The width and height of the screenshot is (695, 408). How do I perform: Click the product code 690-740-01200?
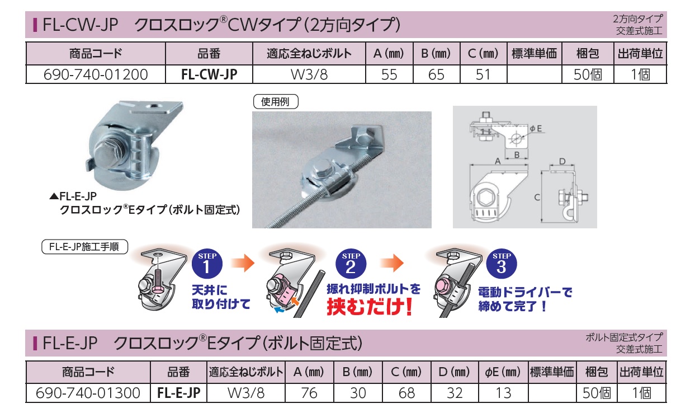[96, 74]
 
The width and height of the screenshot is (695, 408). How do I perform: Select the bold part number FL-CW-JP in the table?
[209, 74]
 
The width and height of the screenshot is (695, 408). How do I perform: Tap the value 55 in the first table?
[389, 74]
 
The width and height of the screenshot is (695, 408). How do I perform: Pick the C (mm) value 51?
[483, 74]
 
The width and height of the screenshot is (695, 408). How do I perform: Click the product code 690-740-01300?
[88, 393]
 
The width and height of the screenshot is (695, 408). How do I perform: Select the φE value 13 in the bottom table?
[503, 393]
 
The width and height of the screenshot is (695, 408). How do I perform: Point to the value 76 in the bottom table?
[309, 393]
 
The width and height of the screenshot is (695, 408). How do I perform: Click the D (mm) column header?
[454, 372]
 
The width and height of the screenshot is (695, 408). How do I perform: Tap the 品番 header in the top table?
[209, 54]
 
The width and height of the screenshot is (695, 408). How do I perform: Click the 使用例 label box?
[276, 101]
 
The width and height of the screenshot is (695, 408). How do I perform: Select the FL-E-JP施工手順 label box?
[84, 247]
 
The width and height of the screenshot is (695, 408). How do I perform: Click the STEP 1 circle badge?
[207, 264]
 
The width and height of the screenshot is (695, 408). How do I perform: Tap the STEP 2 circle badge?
[351, 264]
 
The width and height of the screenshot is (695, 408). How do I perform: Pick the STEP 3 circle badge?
[502, 264]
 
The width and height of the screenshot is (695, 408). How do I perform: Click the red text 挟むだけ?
[370, 307]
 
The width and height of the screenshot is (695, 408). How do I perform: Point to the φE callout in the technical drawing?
[536, 129]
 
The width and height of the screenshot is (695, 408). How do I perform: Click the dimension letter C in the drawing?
[537, 197]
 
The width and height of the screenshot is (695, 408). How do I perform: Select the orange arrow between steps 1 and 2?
[243, 263]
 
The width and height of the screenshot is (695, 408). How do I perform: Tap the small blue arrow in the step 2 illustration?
[279, 309]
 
